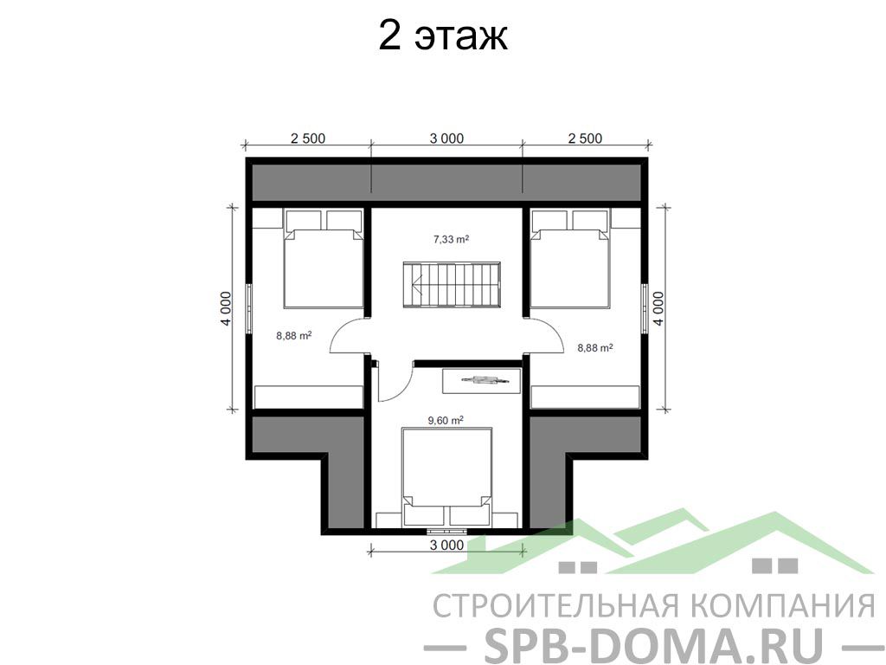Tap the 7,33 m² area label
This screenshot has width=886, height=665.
point(451,239)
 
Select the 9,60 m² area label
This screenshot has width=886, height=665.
point(446,420)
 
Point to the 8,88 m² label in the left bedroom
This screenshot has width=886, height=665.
point(294,335)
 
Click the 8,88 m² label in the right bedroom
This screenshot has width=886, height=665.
point(595,348)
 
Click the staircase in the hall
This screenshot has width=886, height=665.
point(452,284)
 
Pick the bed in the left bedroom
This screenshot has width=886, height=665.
point(324,258)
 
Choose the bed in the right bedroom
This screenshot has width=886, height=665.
point(570,258)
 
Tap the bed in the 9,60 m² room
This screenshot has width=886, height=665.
point(446,477)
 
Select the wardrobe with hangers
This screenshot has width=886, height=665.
point(481,380)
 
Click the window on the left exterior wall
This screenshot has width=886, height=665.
point(249,307)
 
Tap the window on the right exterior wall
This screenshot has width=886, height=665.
point(644,307)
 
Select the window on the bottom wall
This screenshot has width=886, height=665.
point(446,531)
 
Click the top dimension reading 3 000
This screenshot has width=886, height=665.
point(446,139)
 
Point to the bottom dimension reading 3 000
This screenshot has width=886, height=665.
point(446,546)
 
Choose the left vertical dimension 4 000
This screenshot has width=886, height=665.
point(226,309)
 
